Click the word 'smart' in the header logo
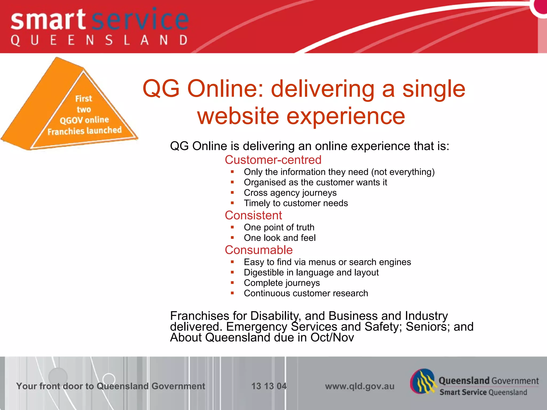point(48,20)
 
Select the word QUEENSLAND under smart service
point(99,40)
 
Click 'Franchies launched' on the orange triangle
point(84,131)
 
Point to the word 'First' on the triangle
point(84,99)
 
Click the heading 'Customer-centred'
point(273,160)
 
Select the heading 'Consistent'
point(253,215)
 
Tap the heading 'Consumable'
point(259,250)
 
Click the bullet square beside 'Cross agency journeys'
point(232,192)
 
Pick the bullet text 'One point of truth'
point(279,227)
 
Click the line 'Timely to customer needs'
point(296,203)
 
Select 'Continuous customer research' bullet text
point(306,293)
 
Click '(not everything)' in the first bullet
point(403,172)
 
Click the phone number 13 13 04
point(269,386)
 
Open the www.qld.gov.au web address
point(360,386)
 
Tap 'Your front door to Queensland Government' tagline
point(111,386)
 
